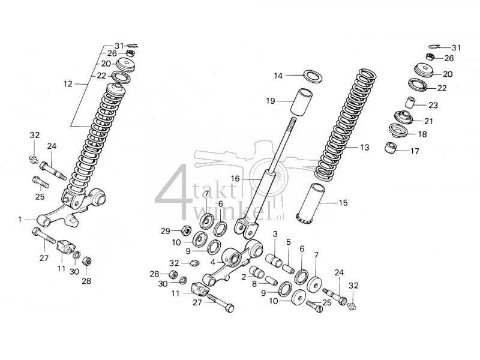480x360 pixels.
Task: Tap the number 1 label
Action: click(20, 220)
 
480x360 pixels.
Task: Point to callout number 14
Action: click(278, 76)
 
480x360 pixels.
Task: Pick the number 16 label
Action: click(235, 179)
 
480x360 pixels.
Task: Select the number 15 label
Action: click(343, 203)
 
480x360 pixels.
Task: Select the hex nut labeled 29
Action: click(186, 230)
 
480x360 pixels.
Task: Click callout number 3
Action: click(275, 234)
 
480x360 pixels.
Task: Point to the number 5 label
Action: click(288, 242)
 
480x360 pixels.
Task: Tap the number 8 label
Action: click(254, 283)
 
